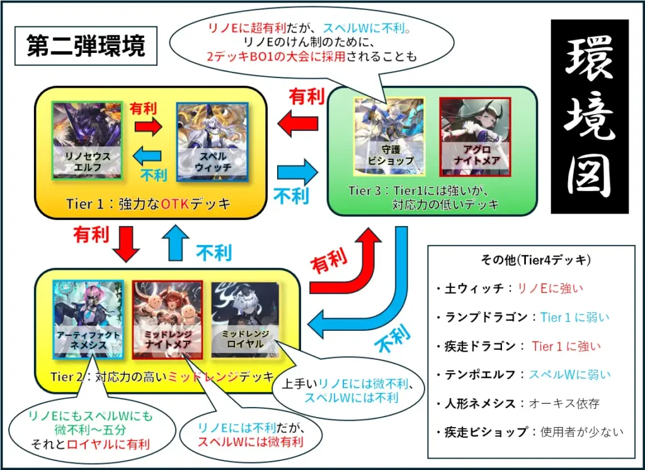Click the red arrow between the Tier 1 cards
coord(148,125)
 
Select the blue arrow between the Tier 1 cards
coord(148,154)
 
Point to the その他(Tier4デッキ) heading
coord(535,260)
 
